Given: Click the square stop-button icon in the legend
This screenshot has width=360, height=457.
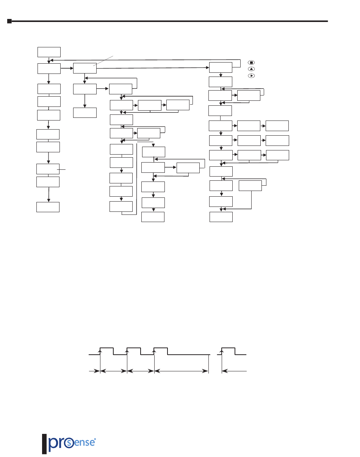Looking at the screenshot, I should click(x=250, y=62).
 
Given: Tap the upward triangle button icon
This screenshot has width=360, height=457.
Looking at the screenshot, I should click(x=250, y=69).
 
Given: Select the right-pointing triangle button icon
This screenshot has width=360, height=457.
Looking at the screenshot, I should click(x=250, y=75).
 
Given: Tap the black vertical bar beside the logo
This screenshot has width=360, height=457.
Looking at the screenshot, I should click(x=44, y=444).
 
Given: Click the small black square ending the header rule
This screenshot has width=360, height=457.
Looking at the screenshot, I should click(x=9, y=21).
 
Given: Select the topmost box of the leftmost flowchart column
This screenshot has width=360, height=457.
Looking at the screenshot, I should click(x=49, y=52).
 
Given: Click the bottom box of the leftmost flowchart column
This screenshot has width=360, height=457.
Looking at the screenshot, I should click(x=48, y=207).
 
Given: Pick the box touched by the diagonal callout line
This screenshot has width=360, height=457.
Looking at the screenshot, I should click(x=85, y=68).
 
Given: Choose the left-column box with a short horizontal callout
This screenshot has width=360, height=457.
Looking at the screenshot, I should click(x=48, y=169).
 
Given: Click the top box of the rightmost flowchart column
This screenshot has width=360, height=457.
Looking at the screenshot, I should click(x=221, y=67).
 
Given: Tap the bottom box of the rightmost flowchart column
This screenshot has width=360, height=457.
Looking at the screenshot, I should click(x=221, y=217).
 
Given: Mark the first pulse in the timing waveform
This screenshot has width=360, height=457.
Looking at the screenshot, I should click(x=106, y=351).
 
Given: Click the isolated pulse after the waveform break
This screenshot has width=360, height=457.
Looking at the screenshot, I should click(x=229, y=351).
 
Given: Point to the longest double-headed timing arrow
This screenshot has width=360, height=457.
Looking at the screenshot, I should click(x=182, y=371).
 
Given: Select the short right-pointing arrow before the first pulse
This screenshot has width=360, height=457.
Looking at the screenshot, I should click(x=94, y=371).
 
